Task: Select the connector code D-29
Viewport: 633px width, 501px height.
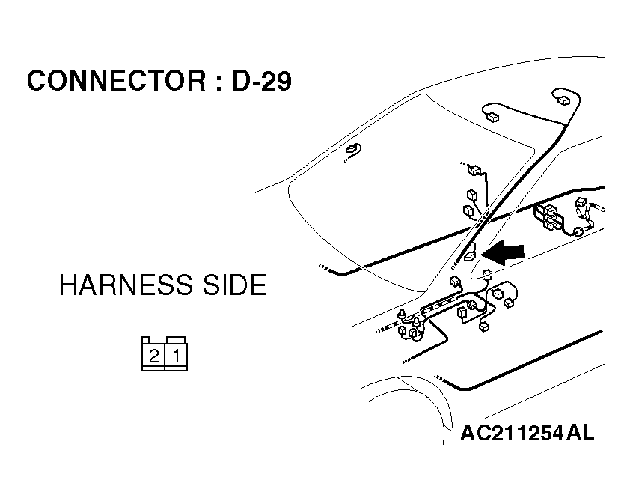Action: coord(261,81)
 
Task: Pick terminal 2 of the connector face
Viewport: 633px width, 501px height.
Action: coord(153,356)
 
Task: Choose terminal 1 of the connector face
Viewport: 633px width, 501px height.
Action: coord(176,356)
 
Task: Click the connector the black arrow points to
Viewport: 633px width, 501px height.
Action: coord(470,256)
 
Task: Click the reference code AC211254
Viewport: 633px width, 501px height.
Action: coord(511,433)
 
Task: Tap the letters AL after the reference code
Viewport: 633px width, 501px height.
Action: coord(581,432)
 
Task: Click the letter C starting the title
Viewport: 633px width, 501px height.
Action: coord(36,81)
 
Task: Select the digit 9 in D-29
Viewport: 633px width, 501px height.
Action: coord(282,81)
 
